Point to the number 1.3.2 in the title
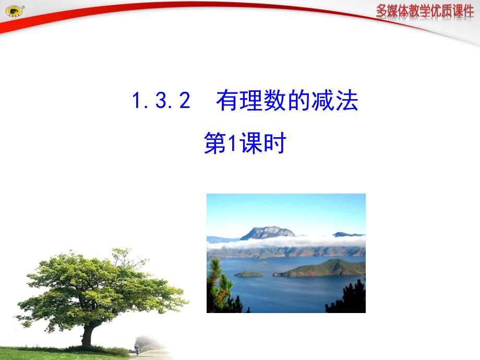point(161,101)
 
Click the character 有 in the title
point(226,101)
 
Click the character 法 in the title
point(347,101)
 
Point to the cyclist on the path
point(137,349)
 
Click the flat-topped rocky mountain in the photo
point(267,232)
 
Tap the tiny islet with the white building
point(263,262)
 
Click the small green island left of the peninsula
point(248,273)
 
